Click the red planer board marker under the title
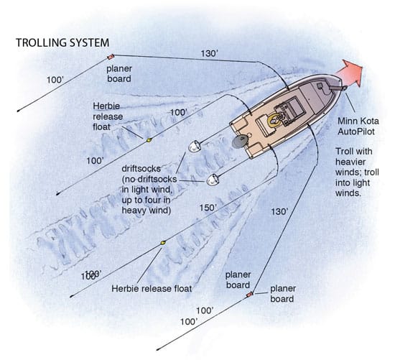111,56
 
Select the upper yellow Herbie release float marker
149,139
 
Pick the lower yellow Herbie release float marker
163,243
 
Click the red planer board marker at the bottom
249,295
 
